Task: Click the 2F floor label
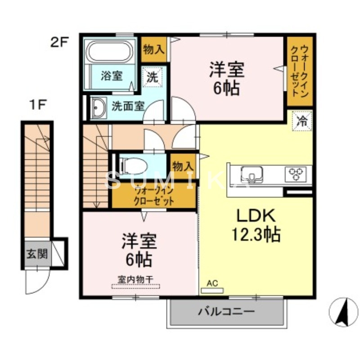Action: click(x=59, y=43)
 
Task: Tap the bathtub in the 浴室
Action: click(x=109, y=53)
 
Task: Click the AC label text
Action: click(x=212, y=283)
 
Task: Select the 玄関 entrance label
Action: click(x=36, y=254)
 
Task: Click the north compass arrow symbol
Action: click(x=343, y=311)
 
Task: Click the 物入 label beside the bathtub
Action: click(x=153, y=50)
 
